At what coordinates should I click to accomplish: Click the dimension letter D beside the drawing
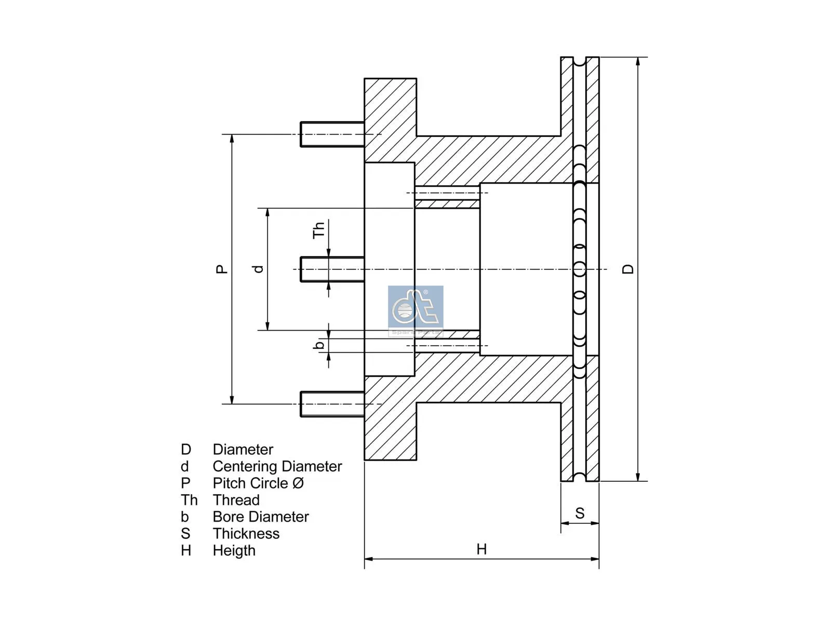coord(628,269)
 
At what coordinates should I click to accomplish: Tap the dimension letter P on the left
coord(222,269)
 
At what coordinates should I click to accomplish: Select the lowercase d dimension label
coord(258,269)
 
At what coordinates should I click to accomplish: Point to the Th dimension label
coord(318,229)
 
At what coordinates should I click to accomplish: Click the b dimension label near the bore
coord(319,344)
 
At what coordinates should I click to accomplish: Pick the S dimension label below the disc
coord(580,513)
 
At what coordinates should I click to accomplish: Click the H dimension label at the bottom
coord(481,549)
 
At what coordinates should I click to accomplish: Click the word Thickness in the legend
coord(246,534)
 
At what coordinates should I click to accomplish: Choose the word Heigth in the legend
coord(234,550)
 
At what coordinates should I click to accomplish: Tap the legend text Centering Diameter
coord(277,466)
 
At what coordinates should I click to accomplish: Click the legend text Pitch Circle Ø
coord(258,483)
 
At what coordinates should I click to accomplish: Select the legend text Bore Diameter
coord(260,517)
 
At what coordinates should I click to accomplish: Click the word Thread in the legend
coord(236,500)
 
